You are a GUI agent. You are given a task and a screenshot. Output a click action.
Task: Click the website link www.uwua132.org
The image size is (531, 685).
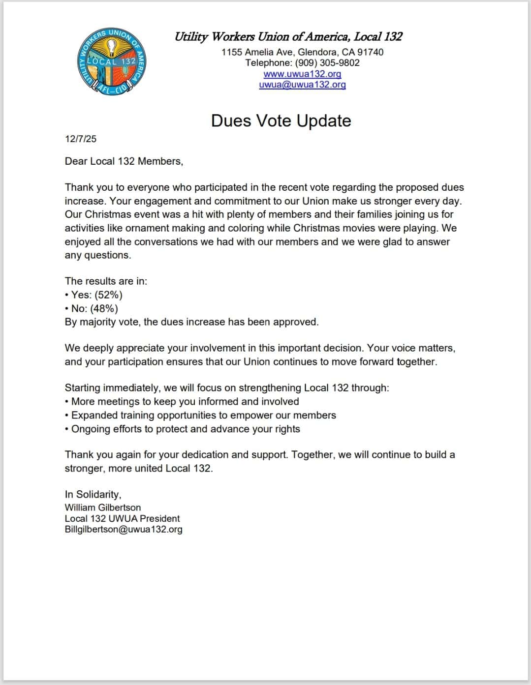[x=302, y=74]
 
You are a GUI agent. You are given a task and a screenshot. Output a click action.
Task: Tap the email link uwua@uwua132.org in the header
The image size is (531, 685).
[x=302, y=85]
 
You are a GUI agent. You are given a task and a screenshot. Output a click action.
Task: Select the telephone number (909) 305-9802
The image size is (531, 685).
[x=327, y=63]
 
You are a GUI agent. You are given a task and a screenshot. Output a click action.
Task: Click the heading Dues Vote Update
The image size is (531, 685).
[x=281, y=121]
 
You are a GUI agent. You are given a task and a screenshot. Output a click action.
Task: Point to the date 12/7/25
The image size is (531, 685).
[x=81, y=139]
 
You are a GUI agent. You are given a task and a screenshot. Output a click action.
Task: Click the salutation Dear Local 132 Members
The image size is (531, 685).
[x=124, y=161]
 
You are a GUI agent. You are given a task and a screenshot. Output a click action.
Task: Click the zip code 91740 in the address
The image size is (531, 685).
[x=370, y=52]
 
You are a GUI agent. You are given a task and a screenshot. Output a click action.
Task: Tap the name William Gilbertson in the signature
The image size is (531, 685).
[x=103, y=507]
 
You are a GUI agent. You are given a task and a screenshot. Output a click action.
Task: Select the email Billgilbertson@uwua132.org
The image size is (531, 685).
[x=124, y=530]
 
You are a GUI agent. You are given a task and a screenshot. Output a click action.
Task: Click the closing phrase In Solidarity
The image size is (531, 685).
[x=93, y=495]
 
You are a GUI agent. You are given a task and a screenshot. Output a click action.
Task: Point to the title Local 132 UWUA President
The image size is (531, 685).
[x=122, y=519]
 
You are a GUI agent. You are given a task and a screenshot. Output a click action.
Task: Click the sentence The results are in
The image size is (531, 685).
[x=106, y=281]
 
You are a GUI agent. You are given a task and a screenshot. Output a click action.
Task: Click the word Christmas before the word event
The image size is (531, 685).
[x=108, y=215]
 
